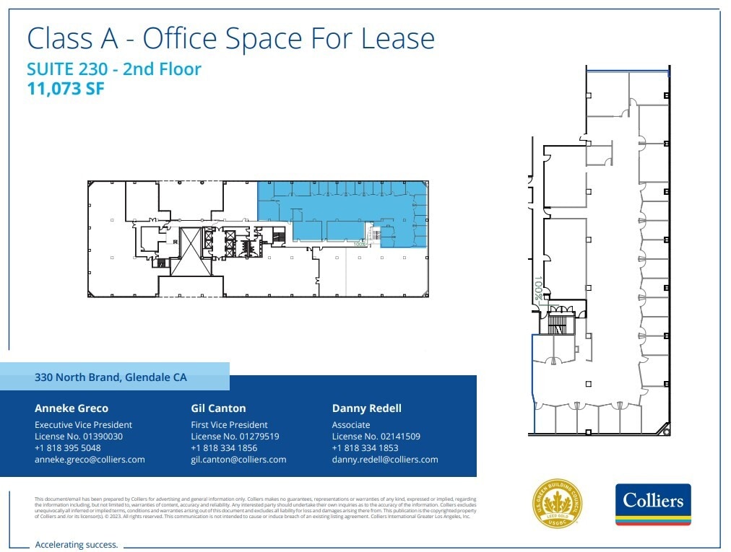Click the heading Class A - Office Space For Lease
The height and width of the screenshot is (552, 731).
coord(230,38)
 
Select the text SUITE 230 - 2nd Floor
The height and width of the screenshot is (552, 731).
coord(113,69)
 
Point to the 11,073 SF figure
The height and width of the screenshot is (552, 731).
coord(66,89)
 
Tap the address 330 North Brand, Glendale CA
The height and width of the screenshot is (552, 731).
coord(111,377)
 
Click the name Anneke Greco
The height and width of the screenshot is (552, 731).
coord(72,408)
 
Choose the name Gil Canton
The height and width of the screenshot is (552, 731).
coord(218,408)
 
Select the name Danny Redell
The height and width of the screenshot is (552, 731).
coord(366,408)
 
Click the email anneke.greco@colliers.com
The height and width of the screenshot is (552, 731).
coord(90,460)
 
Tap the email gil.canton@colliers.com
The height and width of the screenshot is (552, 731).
coord(238,460)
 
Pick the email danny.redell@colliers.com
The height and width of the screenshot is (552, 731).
coord(385,460)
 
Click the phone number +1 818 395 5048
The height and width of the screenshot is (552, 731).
coord(68,448)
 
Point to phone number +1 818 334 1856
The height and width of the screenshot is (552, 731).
coord(224,448)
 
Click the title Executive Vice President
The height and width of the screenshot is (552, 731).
coord(83,425)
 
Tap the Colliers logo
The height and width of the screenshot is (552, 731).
coord(653,504)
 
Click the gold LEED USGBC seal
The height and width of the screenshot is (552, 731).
coord(558,503)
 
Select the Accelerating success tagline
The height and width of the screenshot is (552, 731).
coord(76,545)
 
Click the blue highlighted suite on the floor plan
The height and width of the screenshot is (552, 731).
coord(339,213)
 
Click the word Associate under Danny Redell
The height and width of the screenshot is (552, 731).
coord(351,425)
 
